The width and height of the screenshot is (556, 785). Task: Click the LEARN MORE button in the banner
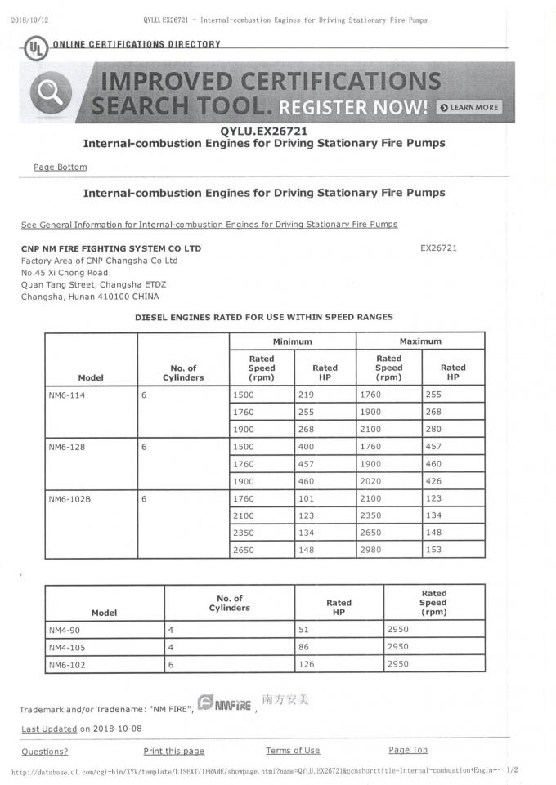tap(469, 107)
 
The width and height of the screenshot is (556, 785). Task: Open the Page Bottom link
tap(60, 167)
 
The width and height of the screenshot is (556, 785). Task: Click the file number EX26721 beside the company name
tap(438, 248)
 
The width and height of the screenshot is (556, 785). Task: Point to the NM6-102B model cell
tap(68, 498)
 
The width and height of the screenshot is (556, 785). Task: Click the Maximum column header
tap(420, 341)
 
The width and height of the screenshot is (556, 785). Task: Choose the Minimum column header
tap(293, 341)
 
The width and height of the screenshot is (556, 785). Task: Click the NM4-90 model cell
tap(64, 630)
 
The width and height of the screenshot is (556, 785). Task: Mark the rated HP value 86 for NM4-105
tap(307, 648)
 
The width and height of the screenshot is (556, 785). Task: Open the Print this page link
tap(173, 751)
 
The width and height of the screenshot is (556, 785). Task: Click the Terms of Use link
tap(293, 751)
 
